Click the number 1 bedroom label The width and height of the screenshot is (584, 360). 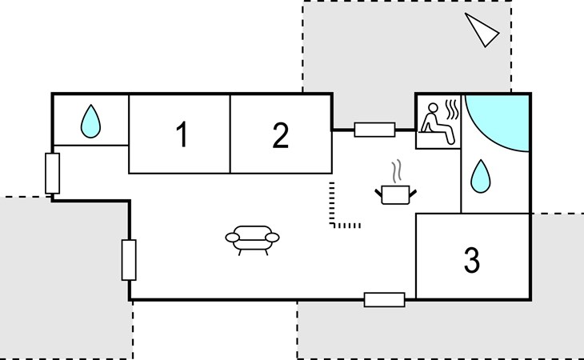[182, 134]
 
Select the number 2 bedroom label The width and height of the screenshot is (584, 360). [281, 135]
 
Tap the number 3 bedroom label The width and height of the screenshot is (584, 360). [472, 260]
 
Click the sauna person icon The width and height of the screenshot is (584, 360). [436, 123]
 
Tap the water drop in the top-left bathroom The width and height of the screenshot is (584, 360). [90, 122]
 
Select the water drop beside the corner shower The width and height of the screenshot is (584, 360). [481, 176]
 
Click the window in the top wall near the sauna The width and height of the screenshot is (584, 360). [374, 130]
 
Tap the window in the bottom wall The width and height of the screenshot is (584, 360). [384, 300]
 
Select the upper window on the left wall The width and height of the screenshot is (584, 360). [53, 174]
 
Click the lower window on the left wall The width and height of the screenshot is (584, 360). [129, 260]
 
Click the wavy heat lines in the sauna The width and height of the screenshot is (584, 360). [452, 110]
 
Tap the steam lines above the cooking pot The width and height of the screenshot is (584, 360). [397, 171]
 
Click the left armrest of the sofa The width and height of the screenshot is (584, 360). [233, 238]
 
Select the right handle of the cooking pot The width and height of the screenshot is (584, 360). [413, 194]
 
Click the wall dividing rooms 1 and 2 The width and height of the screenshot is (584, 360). [230, 134]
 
